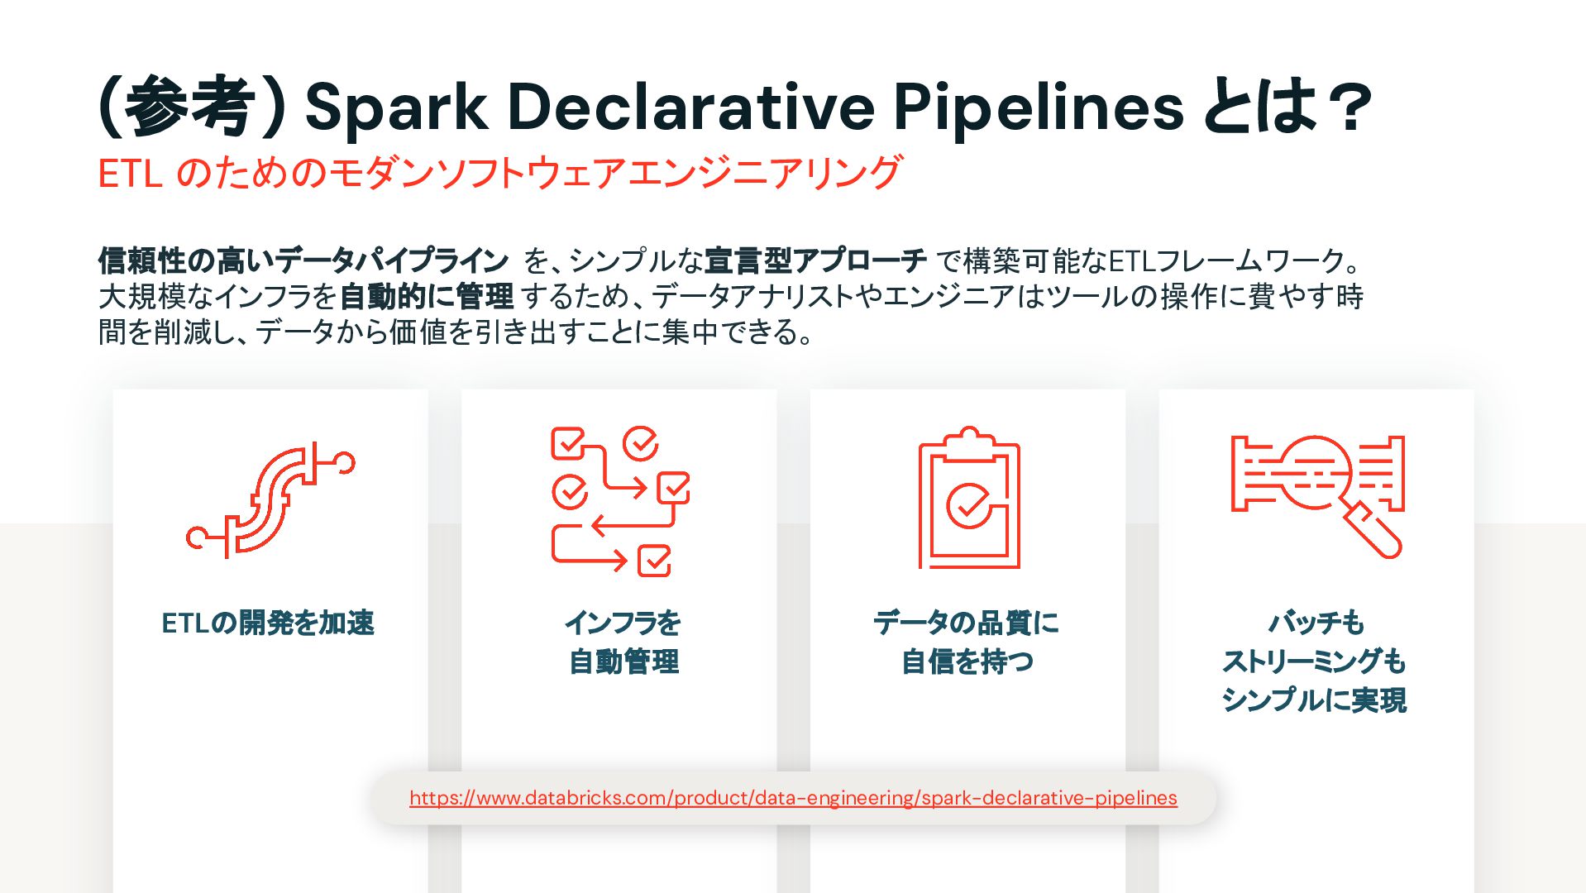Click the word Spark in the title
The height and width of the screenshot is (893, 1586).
tap(396, 107)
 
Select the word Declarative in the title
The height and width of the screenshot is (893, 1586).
tap(691, 106)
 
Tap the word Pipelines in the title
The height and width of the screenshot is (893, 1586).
tap(1039, 107)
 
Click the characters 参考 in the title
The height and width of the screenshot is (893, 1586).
tap(190, 106)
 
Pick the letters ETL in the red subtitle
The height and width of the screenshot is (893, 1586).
tap(130, 174)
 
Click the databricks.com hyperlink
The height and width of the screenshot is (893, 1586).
tap(793, 798)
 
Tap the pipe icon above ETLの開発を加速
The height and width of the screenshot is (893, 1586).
tap(270, 500)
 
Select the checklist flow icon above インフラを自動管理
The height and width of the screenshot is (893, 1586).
tap(620, 501)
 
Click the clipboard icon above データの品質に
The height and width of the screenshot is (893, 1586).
tap(969, 498)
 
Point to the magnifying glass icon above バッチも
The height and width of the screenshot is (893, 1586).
tap(1317, 496)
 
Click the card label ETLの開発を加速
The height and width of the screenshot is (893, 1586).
tap(268, 623)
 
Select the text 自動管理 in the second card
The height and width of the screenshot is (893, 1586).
tap(624, 661)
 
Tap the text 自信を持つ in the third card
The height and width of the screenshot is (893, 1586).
tap(967, 661)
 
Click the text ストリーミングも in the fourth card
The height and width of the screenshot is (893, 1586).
tap(1314, 661)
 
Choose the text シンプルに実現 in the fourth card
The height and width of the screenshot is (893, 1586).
tap(1314, 700)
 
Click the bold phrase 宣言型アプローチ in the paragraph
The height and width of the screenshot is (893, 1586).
tap(815, 261)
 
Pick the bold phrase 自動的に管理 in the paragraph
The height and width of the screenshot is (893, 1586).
tap(427, 296)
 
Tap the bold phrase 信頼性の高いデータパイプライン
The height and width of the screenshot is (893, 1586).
tap(303, 261)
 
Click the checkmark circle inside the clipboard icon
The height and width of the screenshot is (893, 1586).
tap(967, 505)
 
